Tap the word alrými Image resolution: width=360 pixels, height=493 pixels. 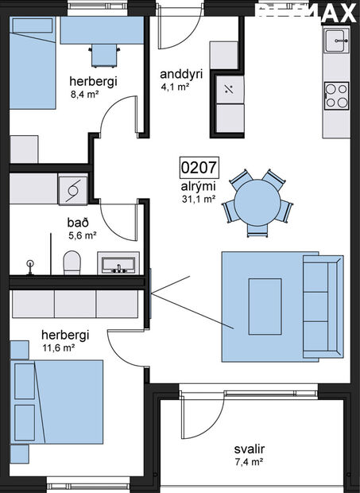[195, 186]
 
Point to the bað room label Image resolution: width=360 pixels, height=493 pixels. [78, 223]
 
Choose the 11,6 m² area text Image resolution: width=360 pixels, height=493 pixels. [57, 347]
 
